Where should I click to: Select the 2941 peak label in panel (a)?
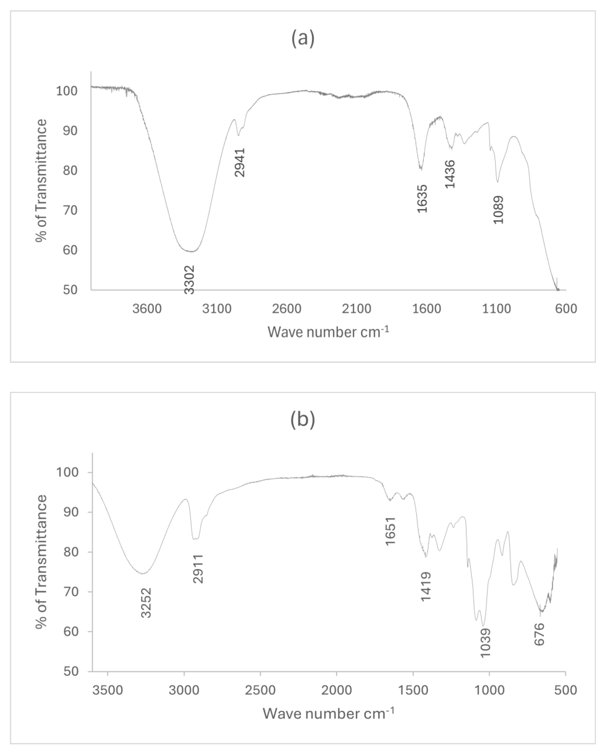point(240,162)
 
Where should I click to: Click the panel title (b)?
point(303,420)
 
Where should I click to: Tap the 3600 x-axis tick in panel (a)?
point(147,309)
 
